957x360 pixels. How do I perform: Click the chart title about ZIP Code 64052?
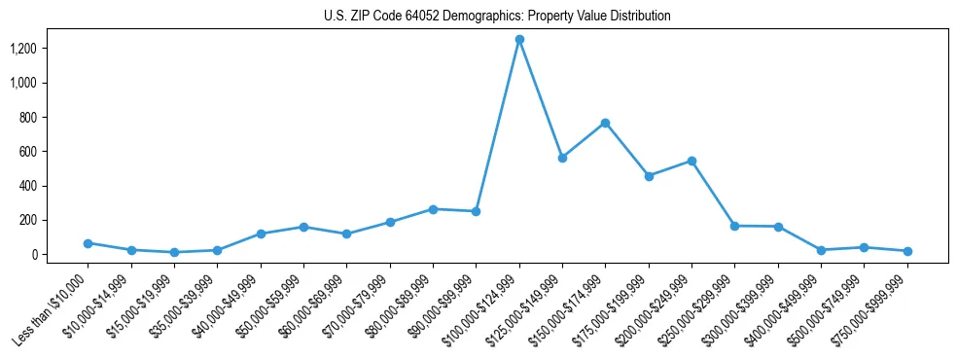(x=497, y=17)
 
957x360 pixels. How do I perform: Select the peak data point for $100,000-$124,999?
(x=519, y=39)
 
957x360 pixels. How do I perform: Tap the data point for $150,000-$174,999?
(x=605, y=123)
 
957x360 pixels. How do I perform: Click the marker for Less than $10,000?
(x=89, y=243)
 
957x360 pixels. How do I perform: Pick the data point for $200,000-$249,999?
(x=691, y=161)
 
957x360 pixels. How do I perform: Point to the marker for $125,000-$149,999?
(x=562, y=158)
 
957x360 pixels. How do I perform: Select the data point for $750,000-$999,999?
(x=906, y=251)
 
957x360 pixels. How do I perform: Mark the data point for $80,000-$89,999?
(x=433, y=209)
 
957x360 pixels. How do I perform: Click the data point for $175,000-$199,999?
(x=649, y=176)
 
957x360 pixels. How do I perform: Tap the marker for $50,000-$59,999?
(x=303, y=227)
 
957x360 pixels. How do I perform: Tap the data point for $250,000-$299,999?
(x=734, y=226)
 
